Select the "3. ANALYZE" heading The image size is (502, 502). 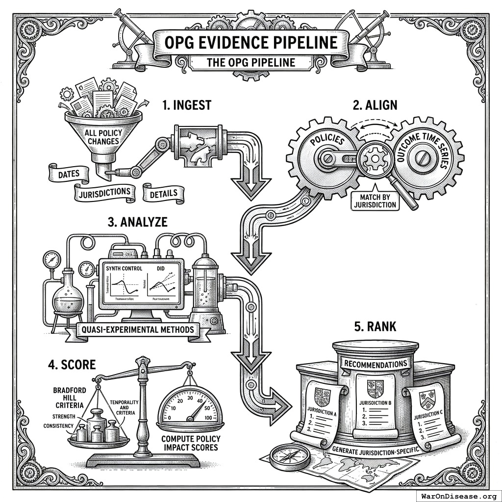(x=137, y=222)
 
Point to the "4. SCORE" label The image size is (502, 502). (x=72, y=365)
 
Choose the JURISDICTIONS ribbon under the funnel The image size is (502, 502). (x=105, y=194)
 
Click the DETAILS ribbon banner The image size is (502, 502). (x=164, y=194)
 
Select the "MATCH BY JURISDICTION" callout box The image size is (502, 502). (x=374, y=201)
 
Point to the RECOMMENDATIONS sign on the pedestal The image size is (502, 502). (x=376, y=364)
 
